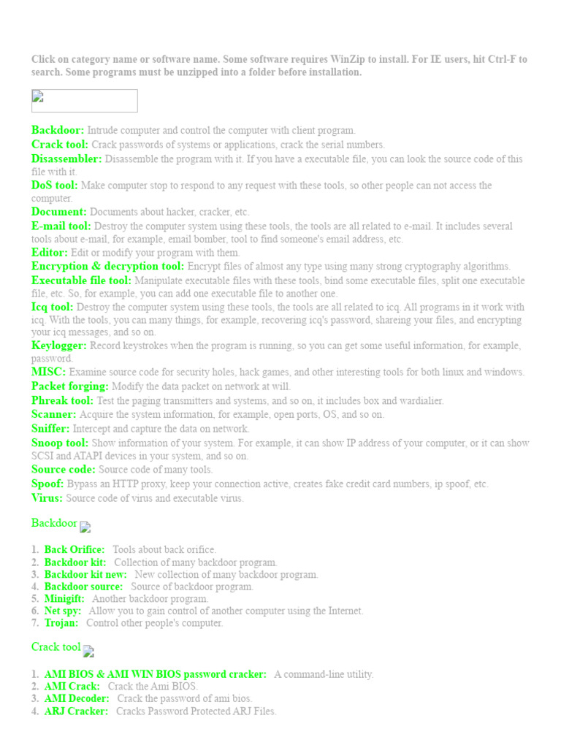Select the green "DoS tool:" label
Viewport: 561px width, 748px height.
pos(54,186)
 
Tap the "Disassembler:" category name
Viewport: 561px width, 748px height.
pos(66,159)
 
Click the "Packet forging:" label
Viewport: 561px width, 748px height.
pos(70,386)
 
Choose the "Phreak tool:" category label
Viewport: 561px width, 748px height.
pos(62,400)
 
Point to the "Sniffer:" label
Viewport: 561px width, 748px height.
pos(50,429)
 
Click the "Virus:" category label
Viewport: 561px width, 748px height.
pos(47,498)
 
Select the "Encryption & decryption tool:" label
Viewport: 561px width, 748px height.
pos(108,267)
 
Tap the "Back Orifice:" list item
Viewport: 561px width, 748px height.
pos(75,549)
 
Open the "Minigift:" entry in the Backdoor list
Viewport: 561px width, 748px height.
pos(64,598)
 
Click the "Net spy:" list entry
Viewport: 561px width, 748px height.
pos(63,611)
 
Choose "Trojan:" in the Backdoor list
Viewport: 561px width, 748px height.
pos(61,623)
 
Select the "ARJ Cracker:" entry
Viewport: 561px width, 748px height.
pos(76,711)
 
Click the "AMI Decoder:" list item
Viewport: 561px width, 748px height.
pos(77,698)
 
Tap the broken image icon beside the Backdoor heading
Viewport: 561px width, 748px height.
pos(85,527)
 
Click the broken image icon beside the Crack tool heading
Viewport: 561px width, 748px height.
pos(88,651)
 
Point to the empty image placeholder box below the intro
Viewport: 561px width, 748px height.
pos(84,101)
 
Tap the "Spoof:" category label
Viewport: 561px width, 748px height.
pos(47,484)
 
